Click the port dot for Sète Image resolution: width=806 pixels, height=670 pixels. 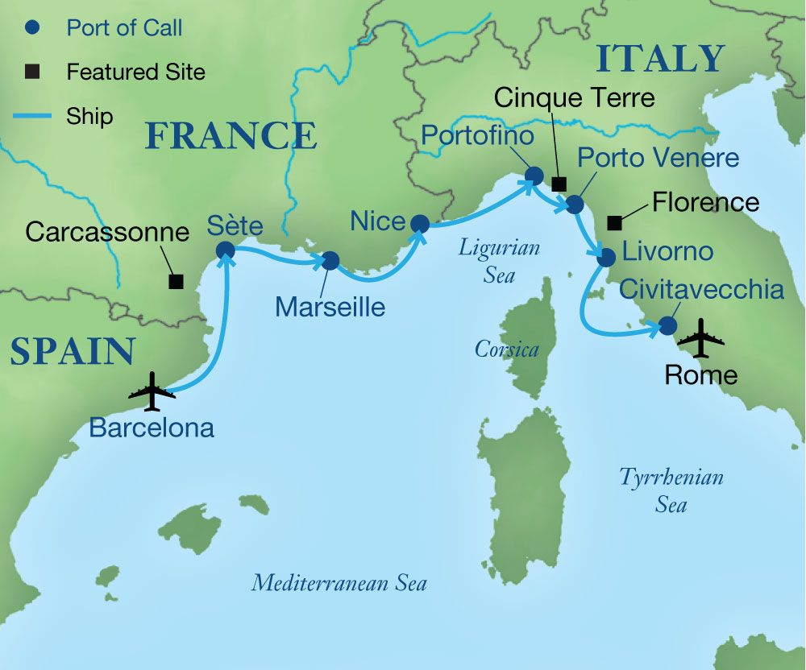(225, 251)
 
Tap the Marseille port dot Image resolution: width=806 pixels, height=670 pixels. (330, 261)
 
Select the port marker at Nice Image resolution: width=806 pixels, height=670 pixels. (419, 223)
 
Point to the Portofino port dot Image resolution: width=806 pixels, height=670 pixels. (533, 174)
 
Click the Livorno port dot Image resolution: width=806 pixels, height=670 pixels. (606, 258)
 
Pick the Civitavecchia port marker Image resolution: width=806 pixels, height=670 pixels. (667, 325)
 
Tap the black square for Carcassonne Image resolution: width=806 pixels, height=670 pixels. (175, 281)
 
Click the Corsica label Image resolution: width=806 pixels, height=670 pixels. (506, 349)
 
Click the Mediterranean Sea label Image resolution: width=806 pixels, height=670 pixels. (339, 582)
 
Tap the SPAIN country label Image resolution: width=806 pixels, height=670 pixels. (72, 352)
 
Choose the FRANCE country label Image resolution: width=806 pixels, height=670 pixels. (231, 135)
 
